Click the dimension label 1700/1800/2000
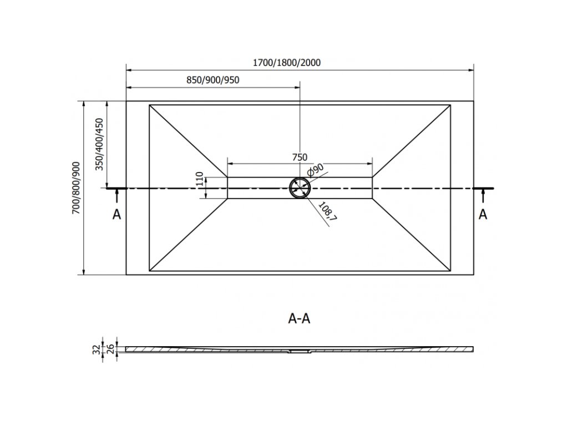pos(287,63)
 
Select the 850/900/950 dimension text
pos(212,80)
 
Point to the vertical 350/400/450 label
pos(99,145)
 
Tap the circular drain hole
pos(300,188)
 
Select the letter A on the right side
pos(483,215)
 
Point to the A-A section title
pos(300,318)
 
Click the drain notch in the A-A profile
pos(300,351)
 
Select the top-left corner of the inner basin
pos(150,105)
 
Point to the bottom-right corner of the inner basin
pos(450,271)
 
